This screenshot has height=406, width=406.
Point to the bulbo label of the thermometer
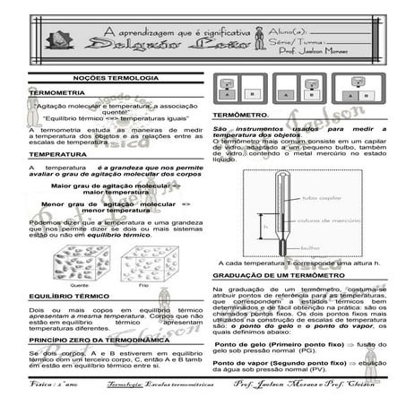pos(286,248)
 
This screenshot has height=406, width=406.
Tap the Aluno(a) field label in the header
pos(286,32)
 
